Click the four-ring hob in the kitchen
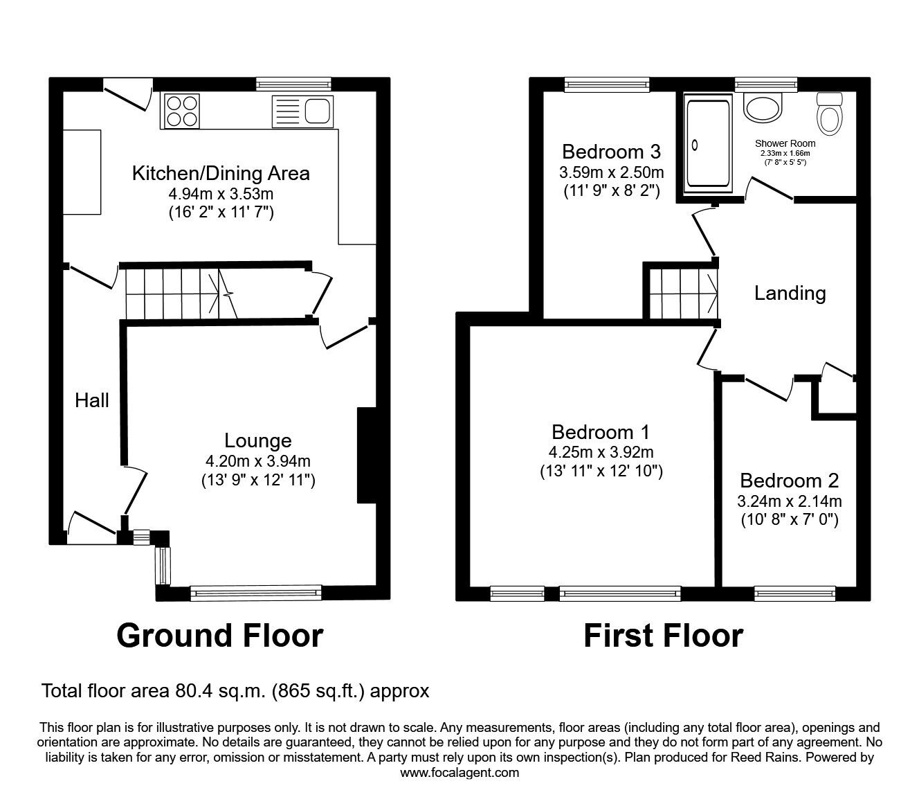182,111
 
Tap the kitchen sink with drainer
302,111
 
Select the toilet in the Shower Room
828,115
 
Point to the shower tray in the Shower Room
707,143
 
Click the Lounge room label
257,440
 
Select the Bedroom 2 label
789,481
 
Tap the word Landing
790,294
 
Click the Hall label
92,400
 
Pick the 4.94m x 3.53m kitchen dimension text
221,193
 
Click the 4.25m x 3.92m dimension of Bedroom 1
601,453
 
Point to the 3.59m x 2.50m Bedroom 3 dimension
611,172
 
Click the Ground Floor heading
219,635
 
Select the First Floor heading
663,635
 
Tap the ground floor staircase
180,293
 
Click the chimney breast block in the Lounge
365,455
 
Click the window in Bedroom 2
794,592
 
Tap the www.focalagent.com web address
459,773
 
